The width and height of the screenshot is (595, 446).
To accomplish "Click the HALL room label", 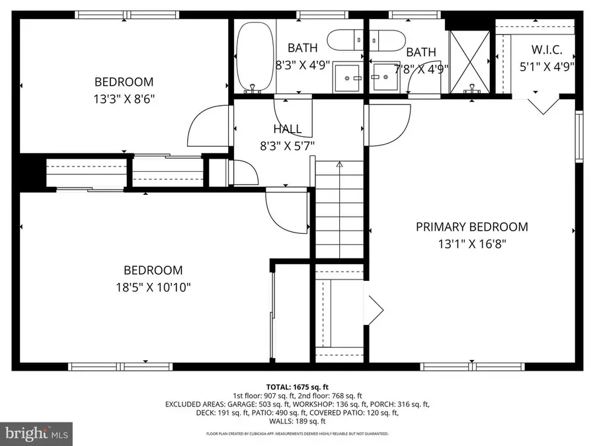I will [x=287, y=130].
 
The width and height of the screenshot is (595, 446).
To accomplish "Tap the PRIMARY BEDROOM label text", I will [x=471, y=227].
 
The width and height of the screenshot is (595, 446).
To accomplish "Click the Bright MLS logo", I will [x=36, y=433].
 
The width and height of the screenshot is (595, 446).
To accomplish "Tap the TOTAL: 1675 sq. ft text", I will [x=297, y=387].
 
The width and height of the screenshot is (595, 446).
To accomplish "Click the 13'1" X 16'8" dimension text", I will [x=471, y=243].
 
